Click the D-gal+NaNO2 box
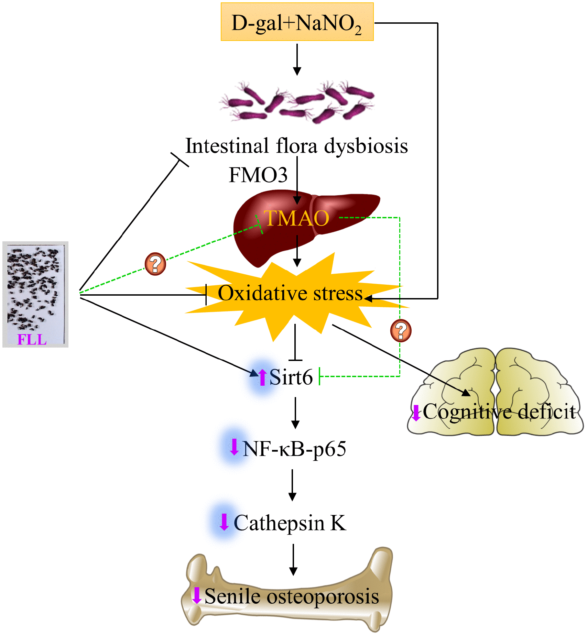tap(297, 22)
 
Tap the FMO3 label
tap(258, 175)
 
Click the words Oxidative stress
tap(290, 294)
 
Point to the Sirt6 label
tap(291, 377)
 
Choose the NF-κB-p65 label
tap(294, 449)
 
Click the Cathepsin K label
tap(290, 523)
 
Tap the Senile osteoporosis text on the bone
tap(292, 596)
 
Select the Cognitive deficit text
tap(499, 412)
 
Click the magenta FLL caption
tap(32, 340)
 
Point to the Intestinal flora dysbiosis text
tap(296, 146)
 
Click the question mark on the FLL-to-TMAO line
tap(155, 264)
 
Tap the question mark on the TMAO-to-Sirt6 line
tap(401, 330)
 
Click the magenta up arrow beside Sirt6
tap(262, 377)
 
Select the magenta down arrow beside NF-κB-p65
tap(235, 447)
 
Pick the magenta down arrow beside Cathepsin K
tap(224, 522)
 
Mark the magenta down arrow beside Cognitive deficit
tap(416, 413)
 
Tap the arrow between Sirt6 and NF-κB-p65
tap(295, 413)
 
